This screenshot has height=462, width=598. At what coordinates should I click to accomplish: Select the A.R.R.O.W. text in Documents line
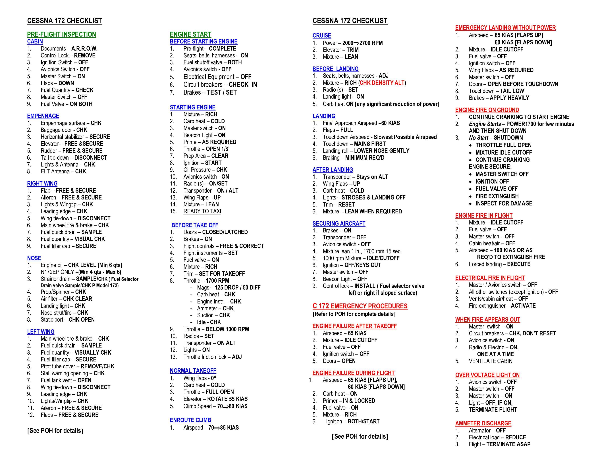[84, 49]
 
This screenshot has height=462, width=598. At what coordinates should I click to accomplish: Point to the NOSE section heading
[34, 258]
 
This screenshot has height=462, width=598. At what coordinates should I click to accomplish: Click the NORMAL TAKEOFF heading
[193, 371]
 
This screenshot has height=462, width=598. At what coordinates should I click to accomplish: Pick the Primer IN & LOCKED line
[349, 401]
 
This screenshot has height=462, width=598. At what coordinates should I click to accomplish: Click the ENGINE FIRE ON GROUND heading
[487, 110]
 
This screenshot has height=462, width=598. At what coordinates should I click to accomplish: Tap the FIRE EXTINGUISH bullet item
[497, 196]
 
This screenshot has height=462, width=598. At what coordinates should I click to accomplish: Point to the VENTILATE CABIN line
[490, 361]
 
